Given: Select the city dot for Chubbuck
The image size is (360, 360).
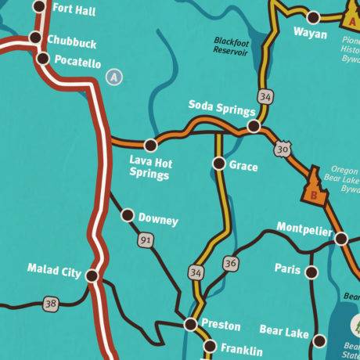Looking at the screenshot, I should (x=34, y=38).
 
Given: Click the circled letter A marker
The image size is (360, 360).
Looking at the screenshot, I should (x=115, y=77).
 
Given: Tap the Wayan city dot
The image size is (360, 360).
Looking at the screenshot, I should (x=313, y=16).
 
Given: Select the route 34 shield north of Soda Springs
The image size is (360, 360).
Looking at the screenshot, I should (x=268, y=97).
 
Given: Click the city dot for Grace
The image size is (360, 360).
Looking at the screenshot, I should (x=220, y=164).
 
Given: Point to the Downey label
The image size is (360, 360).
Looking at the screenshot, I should (x=158, y=220).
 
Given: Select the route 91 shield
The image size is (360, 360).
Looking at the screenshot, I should (x=146, y=241).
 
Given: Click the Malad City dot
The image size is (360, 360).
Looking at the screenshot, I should (x=92, y=275).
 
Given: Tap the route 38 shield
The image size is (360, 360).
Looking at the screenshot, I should (x=52, y=302).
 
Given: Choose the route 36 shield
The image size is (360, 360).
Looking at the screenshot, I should (x=229, y=264).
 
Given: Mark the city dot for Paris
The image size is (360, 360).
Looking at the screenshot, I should (x=311, y=272).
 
